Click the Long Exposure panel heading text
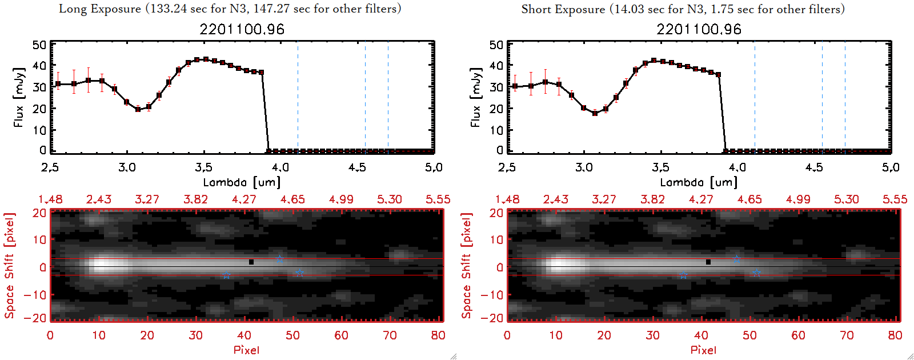coord(230,9)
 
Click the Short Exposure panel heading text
coord(683,9)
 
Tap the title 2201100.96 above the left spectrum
coord(242,29)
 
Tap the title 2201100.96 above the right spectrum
coord(699,29)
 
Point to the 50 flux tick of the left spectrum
coord(40,45)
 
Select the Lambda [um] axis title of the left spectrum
coord(242,182)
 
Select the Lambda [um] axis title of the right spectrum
coord(699,182)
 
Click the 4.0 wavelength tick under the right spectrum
coord(737,167)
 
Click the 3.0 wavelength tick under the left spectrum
coord(127,167)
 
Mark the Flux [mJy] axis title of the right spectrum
coord(475,97)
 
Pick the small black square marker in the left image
coord(251,262)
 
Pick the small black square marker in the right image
coord(708,262)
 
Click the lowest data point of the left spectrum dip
coord(138,109)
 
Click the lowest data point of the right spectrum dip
coord(595,113)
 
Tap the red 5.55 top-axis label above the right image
coord(895,199)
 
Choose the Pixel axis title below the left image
coord(246,350)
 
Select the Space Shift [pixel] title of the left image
coord(9,266)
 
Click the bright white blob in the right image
coord(563,265)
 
